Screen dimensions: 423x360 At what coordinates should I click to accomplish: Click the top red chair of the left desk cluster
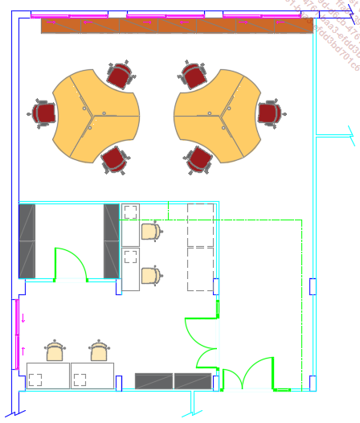119,76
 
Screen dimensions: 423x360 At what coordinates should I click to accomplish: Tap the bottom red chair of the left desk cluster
114,159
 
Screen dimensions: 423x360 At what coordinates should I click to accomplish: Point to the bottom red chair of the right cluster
198,159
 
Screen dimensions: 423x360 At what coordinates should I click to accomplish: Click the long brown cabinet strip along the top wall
177,26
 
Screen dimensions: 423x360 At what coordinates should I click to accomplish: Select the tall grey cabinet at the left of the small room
27,240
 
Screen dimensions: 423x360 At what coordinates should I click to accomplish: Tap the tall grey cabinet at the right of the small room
111,240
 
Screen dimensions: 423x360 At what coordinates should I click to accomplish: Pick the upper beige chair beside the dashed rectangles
151,232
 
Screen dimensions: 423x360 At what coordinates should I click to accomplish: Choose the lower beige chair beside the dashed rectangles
151,277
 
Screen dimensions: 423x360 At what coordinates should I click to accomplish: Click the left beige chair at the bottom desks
55,351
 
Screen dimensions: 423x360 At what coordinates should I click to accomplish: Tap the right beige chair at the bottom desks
99,351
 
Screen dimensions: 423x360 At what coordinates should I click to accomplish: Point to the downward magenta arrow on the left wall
23,318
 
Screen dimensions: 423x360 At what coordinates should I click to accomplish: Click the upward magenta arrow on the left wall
23,351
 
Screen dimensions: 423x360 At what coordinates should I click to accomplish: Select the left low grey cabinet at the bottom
153,381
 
